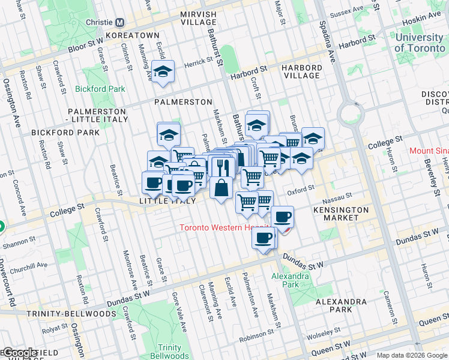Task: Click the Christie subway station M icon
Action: coord(119,23)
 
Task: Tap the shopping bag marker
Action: coord(221,187)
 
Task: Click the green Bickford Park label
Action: coord(100,89)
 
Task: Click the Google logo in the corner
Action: coord(21,353)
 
